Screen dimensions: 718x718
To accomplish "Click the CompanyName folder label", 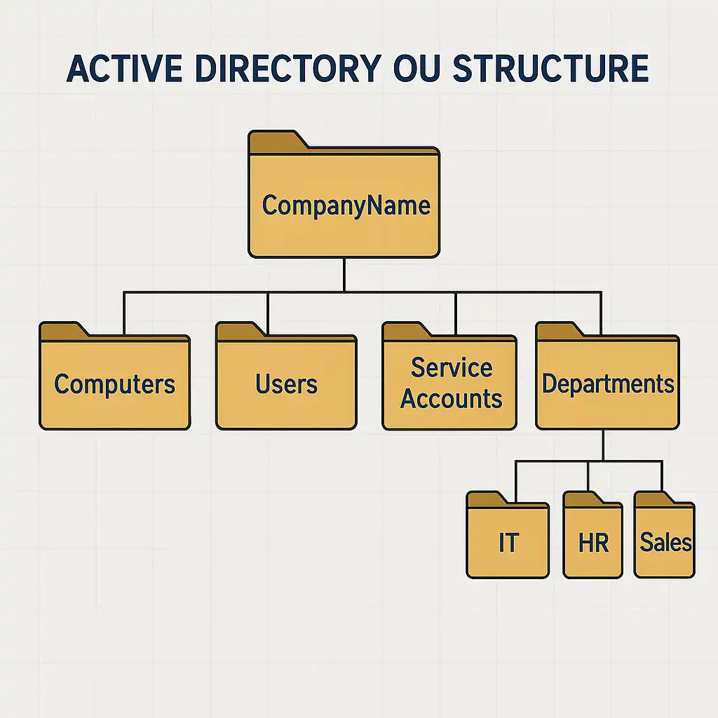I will pos(346,205).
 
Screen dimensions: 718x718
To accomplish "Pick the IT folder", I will pos(508,542).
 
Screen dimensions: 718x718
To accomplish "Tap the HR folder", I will pos(593,542).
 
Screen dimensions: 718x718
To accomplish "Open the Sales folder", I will pos(665,542).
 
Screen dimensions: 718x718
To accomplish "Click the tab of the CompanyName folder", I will pos(277,142).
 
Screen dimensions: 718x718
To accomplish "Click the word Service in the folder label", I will pos(451,368).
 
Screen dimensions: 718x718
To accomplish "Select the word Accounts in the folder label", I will pos(451,398).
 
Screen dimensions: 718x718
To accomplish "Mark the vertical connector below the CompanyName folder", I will pos(344,274).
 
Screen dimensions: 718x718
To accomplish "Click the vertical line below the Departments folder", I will pos(603,445).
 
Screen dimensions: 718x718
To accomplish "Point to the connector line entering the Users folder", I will pos(268,312).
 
